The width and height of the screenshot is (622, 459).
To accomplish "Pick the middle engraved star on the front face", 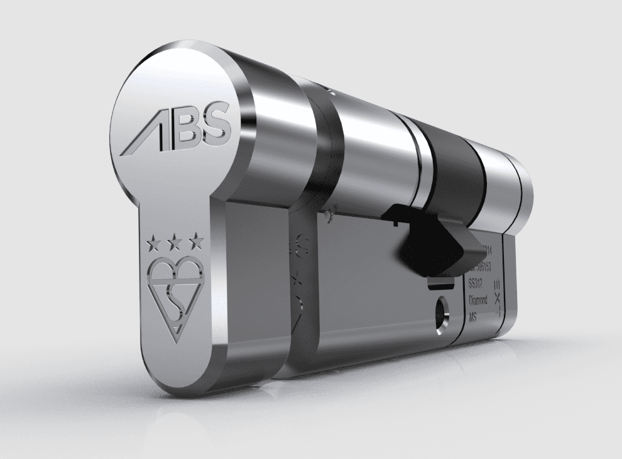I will click(175, 240).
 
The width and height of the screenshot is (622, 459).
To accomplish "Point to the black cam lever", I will click(434, 242).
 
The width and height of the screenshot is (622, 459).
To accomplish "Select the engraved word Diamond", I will click(477, 301).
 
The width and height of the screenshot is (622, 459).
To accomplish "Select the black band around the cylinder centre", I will click(456, 170).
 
